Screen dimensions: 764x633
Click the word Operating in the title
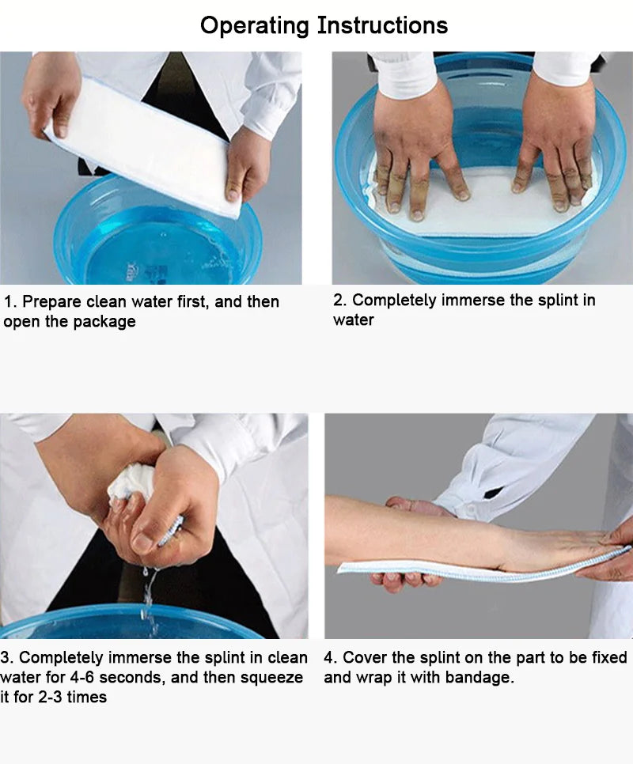[x=255, y=25]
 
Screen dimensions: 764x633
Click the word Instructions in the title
[x=382, y=25]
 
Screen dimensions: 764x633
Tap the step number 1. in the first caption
[x=10, y=302]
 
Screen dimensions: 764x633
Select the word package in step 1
[x=104, y=322]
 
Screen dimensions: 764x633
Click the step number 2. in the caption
[x=339, y=301]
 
